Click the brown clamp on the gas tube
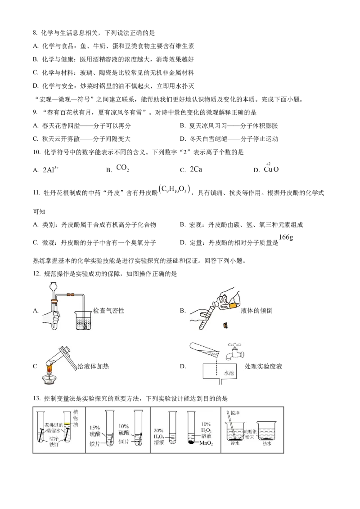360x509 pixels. (x=70, y=295)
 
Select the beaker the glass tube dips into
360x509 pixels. (x=84, y=320)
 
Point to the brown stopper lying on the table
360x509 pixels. (x=225, y=325)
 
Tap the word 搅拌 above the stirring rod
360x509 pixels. (x=235, y=413)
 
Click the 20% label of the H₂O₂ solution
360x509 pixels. (x=158, y=430)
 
